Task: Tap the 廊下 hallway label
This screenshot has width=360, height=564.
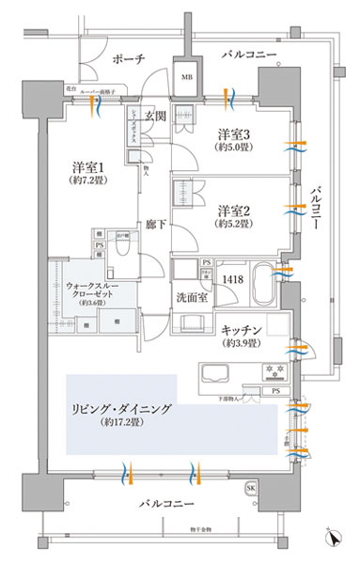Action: click(x=155, y=227)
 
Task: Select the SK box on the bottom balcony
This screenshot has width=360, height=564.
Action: click(x=251, y=490)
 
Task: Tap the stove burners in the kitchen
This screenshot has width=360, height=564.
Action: click(x=274, y=368)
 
